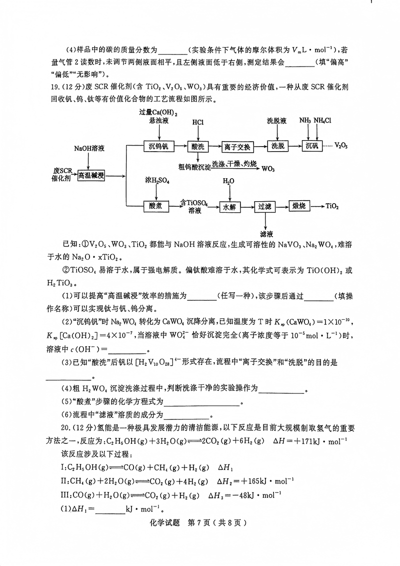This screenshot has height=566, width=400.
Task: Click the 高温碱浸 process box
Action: (x=90, y=175)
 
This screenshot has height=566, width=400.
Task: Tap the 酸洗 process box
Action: (x=198, y=146)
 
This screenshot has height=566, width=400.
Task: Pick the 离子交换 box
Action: (x=237, y=146)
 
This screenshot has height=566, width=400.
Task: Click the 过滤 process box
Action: (x=264, y=206)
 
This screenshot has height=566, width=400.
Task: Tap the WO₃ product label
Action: (x=268, y=169)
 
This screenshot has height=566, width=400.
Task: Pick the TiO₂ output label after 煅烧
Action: (x=332, y=206)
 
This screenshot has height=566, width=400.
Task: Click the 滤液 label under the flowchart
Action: (x=265, y=233)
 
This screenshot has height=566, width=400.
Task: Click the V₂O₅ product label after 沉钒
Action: (x=341, y=146)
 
